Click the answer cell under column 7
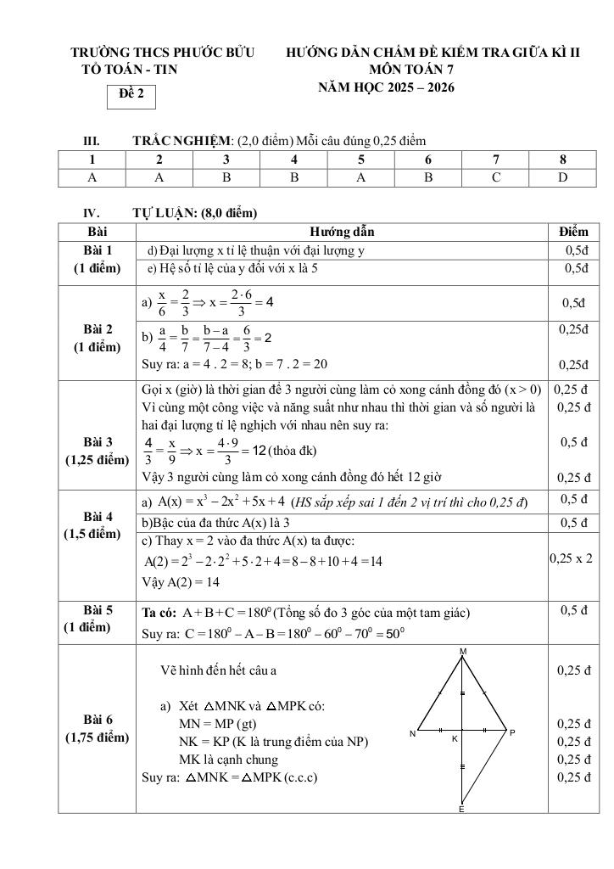click(496, 177)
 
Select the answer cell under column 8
click(563, 177)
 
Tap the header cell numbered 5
click(361, 160)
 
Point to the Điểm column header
click(573, 232)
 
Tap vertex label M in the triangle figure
click(463, 651)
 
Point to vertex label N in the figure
click(411, 732)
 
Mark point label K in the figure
click(455, 738)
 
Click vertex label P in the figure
click(512, 732)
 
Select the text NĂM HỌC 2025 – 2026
click(386, 87)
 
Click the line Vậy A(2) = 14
click(181, 582)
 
